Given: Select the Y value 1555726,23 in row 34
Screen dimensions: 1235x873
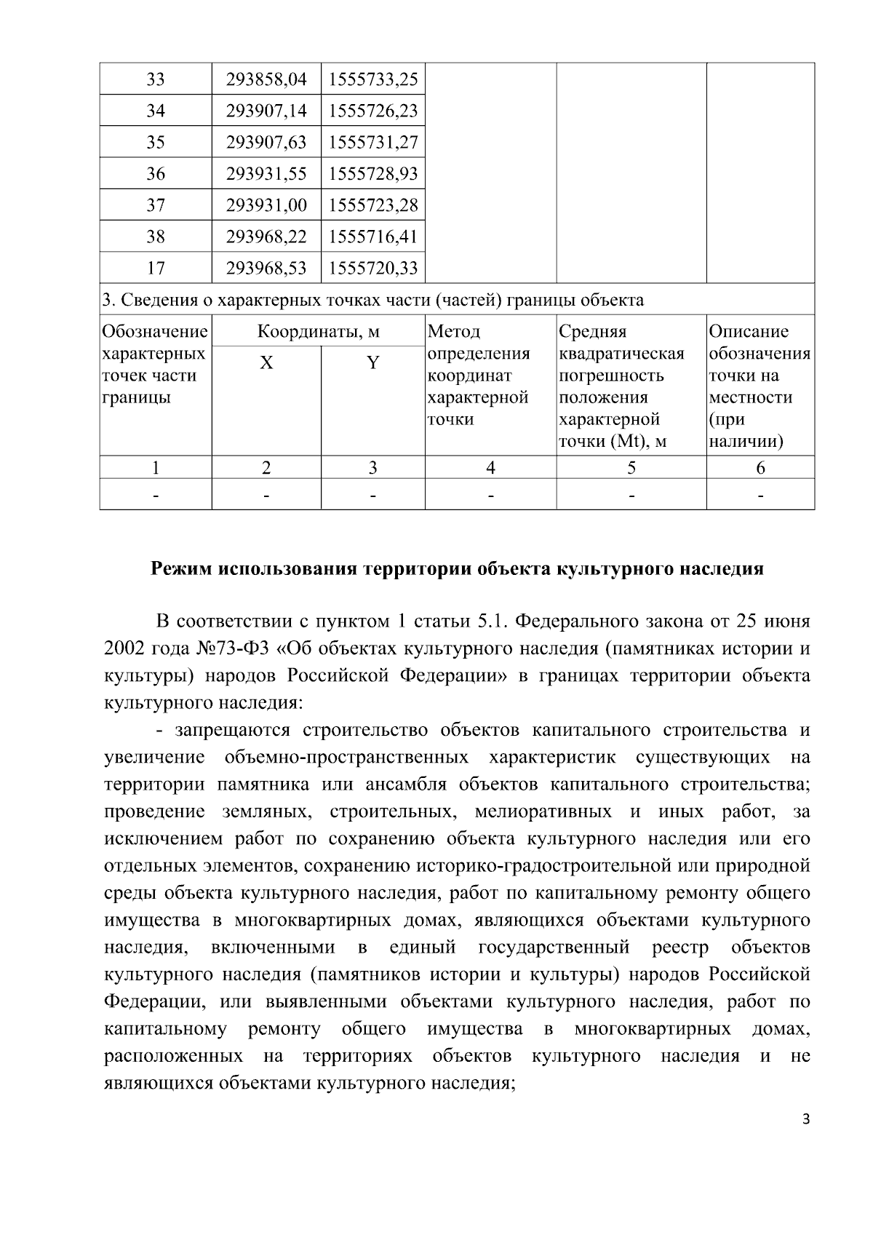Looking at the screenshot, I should click(x=373, y=111).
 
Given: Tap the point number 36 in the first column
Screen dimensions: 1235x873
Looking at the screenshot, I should click(x=156, y=173).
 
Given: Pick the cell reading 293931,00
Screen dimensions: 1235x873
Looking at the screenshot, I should click(x=266, y=205).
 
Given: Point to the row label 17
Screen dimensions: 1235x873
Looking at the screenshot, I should click(x=156, y=268).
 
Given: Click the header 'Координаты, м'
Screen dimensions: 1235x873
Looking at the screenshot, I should click(x=319, y=332).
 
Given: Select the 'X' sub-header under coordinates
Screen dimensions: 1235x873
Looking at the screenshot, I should click(x=266, y=362).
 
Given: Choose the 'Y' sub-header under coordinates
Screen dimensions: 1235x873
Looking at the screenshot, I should click(x=372, y=362).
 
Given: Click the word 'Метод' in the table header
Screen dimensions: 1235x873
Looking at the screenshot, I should click(x=454, y=332).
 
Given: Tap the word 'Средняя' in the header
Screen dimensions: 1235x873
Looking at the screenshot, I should click(x=592, y=332).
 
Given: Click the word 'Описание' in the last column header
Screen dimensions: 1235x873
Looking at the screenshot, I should click(x=749, y=332).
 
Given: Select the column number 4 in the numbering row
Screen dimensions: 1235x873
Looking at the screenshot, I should click(x=490, y=468).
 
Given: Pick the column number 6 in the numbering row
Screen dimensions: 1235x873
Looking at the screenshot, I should click(x=760, y=468).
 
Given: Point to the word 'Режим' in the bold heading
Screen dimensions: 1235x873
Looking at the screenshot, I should click(x=180, y=569).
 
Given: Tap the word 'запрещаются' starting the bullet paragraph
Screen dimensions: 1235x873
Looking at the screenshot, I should click(x=232, y=730).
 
